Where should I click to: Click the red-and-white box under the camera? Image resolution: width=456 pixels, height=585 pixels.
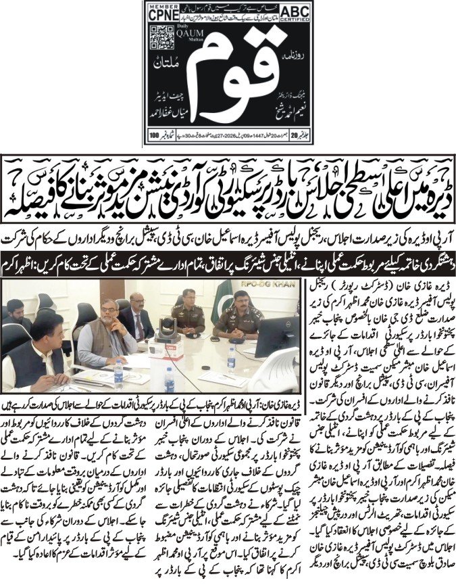coord(161,348)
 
